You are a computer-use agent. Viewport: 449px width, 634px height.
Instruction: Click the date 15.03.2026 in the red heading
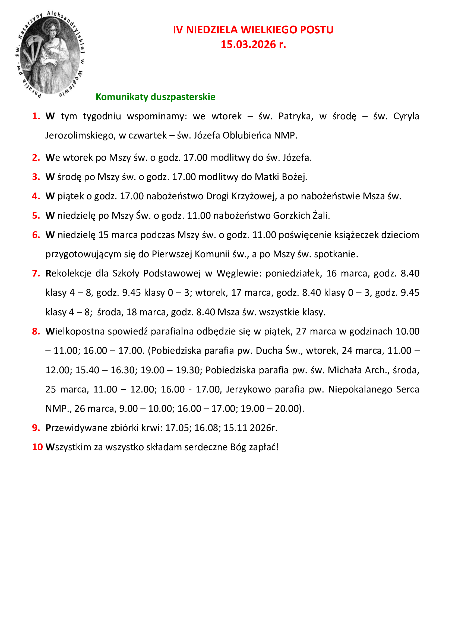coord(248,44)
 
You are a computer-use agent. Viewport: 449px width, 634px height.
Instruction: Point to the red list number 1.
coord(36,116)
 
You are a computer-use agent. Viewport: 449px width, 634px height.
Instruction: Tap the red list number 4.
coord(36,196)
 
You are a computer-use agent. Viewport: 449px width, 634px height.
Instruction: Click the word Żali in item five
coord(321,215)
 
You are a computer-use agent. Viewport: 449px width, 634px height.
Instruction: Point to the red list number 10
coord(37,447)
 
